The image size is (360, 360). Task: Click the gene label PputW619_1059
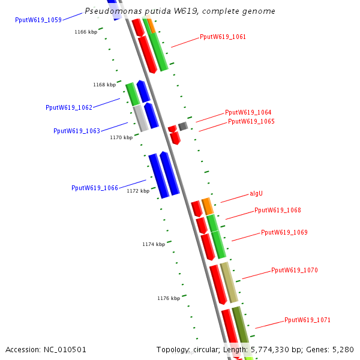click(38, 20)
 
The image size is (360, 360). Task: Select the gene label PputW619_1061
click(223, 37)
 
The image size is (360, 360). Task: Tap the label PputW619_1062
click(69, 107)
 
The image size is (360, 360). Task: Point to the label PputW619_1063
click(77, 131)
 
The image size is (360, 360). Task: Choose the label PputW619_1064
click(248, 112)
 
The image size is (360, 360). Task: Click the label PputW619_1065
click(251, 121)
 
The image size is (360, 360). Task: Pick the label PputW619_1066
click(94, 188)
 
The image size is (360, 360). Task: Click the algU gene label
click(256, 194)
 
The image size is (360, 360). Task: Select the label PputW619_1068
click(277, 210)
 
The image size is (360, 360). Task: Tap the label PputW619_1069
click(284, 232)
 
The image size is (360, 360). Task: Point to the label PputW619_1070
click(294, 270)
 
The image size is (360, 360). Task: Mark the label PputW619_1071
click(307, 320)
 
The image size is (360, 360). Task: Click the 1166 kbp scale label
click(86, 32)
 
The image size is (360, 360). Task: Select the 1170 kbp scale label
click(121, 137)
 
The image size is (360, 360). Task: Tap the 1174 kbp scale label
click(153, 244)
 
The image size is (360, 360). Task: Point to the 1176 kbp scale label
click(169, 298)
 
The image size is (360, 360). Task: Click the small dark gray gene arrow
click(183, 126)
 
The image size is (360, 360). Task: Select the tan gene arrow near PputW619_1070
click(229, 281)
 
